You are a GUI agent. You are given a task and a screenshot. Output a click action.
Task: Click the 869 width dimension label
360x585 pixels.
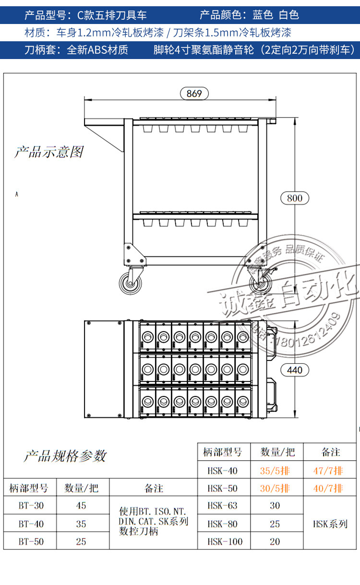[194, 94]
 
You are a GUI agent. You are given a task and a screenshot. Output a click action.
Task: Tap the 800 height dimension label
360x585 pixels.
[294, 198]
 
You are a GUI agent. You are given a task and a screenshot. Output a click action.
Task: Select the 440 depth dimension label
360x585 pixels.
[294, 370]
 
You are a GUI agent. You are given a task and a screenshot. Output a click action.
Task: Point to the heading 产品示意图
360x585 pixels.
[49, 152]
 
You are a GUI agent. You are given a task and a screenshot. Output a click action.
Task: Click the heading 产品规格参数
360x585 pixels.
[65, 456]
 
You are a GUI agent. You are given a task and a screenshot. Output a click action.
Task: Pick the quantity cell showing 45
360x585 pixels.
[81, 505]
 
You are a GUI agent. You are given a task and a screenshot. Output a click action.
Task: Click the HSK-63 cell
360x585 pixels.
[222, 505]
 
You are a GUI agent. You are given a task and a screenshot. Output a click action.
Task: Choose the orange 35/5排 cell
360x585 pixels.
[275, 471]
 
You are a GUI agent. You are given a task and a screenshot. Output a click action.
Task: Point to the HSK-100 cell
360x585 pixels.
[222, 541]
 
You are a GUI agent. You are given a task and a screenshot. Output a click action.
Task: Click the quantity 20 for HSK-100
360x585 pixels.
[275, 541]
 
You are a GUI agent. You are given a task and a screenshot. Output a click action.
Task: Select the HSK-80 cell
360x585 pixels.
[222, 524]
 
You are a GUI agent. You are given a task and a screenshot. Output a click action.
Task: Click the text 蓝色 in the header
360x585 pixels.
[263, 15]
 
